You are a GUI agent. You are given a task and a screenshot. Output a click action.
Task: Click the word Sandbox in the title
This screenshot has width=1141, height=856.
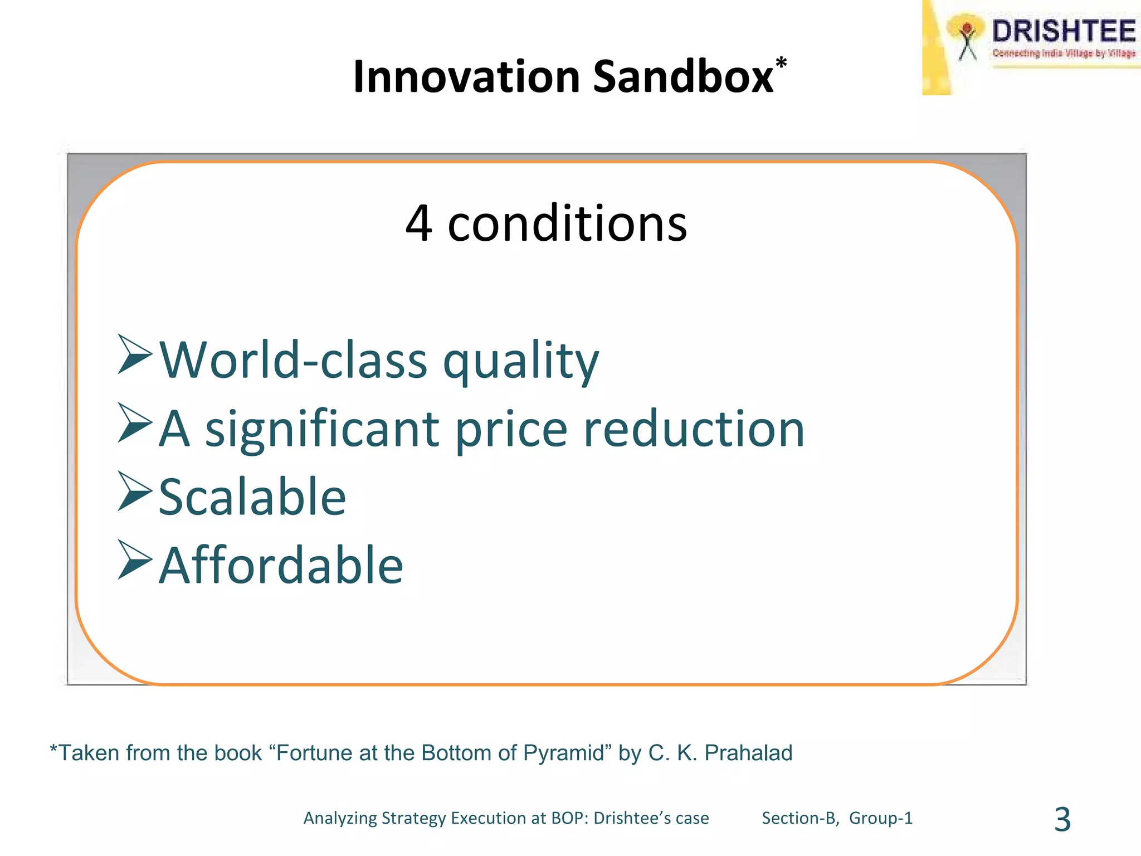click(683, 77)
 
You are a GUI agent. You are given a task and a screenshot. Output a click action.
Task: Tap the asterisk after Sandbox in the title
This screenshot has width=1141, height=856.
click(781, 62)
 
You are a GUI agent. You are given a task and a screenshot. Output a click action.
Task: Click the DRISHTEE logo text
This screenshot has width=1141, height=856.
click(1063, 31)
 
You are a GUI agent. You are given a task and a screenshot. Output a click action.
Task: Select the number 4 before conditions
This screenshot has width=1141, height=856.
click(419, 223)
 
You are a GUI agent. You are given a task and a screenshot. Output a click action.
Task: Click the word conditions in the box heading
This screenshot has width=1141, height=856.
click(567, 223)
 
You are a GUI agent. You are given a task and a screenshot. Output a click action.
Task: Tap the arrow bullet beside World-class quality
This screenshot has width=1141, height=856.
click(135, 354)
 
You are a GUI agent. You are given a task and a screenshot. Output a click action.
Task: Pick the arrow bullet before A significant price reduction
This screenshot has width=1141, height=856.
click(135, 424)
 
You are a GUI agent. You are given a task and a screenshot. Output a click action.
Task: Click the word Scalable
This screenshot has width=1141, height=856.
click(252, 497)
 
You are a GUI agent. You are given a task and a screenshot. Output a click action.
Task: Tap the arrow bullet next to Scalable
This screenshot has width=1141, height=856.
click(135, 492)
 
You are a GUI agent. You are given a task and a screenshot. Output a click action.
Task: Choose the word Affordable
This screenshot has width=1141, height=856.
click(281, 566)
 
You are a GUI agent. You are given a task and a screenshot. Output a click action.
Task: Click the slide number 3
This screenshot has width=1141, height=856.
click(1062, 820)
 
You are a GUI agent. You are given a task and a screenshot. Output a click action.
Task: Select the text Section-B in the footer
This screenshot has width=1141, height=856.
click(799, 818)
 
